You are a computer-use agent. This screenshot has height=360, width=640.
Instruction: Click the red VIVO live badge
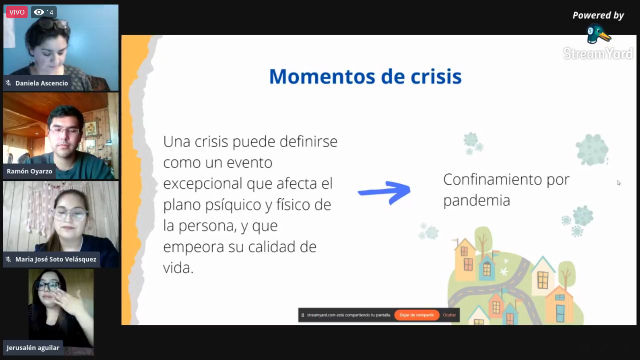pos(17,12)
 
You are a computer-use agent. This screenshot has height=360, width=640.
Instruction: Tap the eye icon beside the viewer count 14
pos(38,12)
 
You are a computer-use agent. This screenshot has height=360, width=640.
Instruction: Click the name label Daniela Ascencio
pos(42,83)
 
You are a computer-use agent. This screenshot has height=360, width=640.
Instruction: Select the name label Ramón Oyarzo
pos(30,171)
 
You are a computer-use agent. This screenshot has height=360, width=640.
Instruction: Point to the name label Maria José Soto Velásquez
pos(56,259)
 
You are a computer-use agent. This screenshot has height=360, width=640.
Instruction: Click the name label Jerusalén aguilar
pos(33,348)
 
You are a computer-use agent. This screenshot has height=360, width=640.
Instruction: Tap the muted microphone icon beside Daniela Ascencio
pos(8,83)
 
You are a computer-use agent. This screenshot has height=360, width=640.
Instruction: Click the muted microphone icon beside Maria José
pos(8,259)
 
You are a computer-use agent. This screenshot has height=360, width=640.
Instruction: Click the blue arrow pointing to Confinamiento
pos(384,193)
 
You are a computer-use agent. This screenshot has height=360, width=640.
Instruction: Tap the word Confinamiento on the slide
pos(492,180)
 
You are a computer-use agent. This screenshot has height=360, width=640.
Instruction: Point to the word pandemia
pos(476,200)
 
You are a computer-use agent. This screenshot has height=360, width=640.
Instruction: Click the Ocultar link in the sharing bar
pos(449,315)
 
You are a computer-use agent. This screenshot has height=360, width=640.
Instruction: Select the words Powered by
pos(598,15)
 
